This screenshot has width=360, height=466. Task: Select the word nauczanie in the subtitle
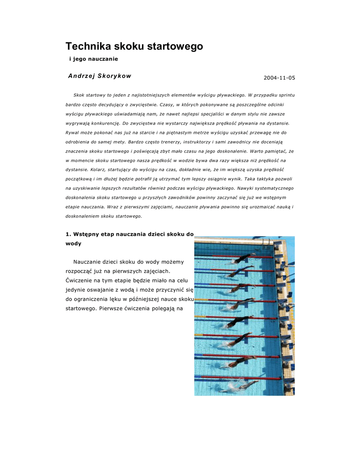point(103,59)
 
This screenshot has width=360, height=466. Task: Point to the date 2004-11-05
point(279,78)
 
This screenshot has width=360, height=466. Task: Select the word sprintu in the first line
point(286,95)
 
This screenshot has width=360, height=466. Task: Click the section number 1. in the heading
point(69,234)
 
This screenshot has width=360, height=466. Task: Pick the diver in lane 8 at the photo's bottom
point(244,386)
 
